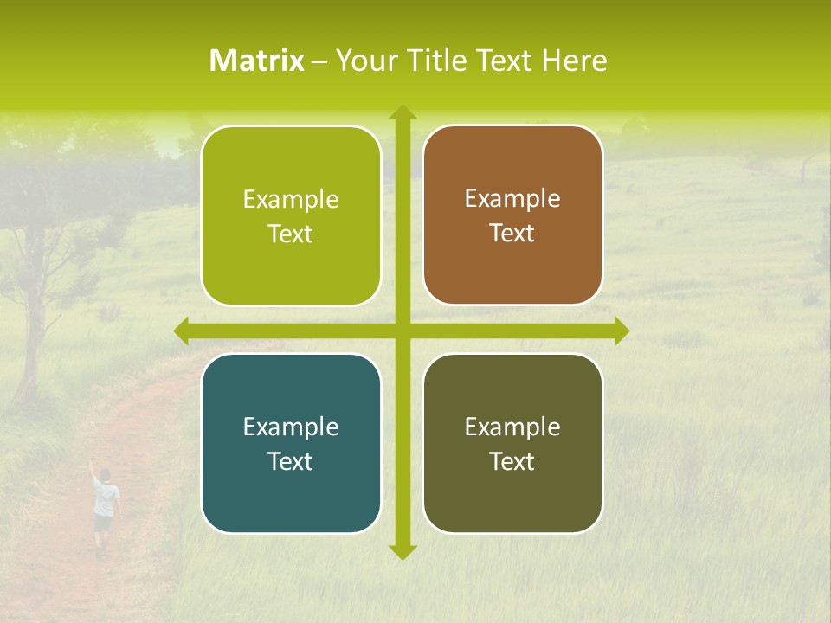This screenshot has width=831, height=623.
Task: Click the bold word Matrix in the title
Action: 257,61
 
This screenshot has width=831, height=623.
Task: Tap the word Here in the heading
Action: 575,61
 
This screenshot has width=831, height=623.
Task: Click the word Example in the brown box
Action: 512,199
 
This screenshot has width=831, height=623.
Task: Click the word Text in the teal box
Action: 291,461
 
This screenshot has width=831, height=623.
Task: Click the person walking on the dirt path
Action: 105,511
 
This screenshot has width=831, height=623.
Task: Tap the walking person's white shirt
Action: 106,498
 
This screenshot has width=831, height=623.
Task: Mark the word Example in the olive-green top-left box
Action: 291,200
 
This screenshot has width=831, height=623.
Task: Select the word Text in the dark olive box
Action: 512,461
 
